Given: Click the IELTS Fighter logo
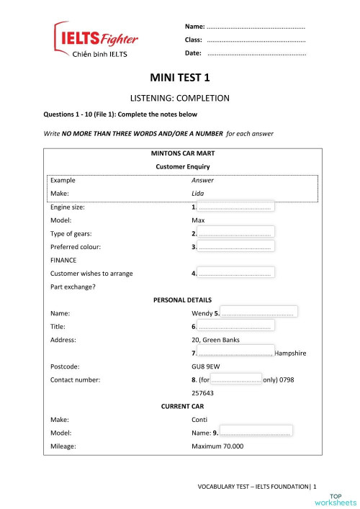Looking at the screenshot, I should [x=96, y=39].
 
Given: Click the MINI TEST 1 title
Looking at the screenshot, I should [x=179, y=77].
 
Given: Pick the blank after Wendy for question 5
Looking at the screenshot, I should [x=258, y=313].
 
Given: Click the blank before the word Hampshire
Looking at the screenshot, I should [x=235, y=353].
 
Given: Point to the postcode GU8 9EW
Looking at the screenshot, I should [x=207, y=366].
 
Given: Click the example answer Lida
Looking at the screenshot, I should [x=197, y=194].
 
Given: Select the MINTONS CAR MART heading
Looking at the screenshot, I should [x=183, y=153].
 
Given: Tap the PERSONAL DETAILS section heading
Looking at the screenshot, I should [x=183, y=299].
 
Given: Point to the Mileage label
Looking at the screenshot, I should [x=63, y=446].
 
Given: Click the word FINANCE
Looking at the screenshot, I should [x=63, y=260].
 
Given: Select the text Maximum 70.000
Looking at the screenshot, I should [x=218, y=446].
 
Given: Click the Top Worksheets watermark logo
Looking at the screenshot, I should [x=342, y=499].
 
